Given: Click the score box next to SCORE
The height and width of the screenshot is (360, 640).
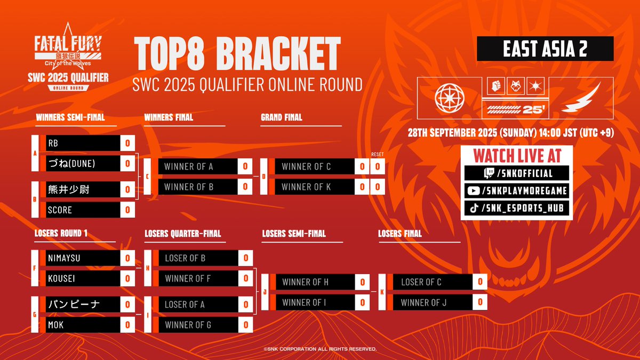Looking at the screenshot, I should [x=127, y=210].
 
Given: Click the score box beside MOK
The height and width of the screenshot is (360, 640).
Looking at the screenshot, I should [x=127, y=324].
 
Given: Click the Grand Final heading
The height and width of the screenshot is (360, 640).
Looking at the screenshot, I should [x=281, y=117].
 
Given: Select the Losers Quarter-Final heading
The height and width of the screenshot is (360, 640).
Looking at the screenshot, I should [x=182, y=234].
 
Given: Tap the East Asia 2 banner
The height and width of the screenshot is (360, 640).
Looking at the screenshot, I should [x=545, y=49].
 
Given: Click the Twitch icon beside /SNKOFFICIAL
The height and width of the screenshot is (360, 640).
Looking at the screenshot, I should [x=474, y=173].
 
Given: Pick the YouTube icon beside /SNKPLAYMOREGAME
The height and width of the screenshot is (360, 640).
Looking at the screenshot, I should [x=474, y=191].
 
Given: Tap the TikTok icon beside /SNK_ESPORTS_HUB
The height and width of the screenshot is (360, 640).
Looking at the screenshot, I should [x=474, y=209].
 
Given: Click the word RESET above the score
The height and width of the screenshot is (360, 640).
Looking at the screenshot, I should [x=377, y=155].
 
